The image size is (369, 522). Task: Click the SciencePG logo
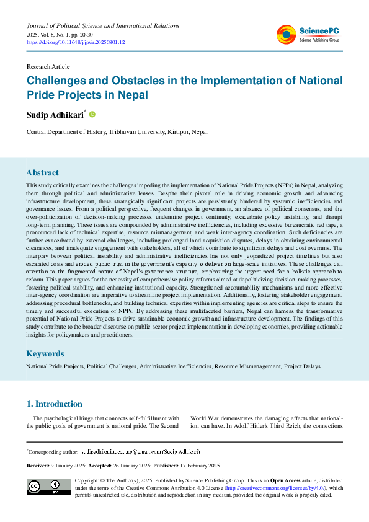click(308, 35)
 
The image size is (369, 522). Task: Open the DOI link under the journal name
click(76, 43)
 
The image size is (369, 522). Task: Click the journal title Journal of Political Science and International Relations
click(102, 25)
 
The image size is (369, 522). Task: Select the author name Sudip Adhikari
click(55, 115)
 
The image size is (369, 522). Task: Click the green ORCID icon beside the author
click(92, 115)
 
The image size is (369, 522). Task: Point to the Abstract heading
click(42, 173)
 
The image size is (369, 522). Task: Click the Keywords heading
click(46, 353)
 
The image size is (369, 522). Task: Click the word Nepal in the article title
click(136, 95)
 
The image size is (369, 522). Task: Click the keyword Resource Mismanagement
click(247, 367)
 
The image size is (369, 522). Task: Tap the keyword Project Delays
click(303, 367)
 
